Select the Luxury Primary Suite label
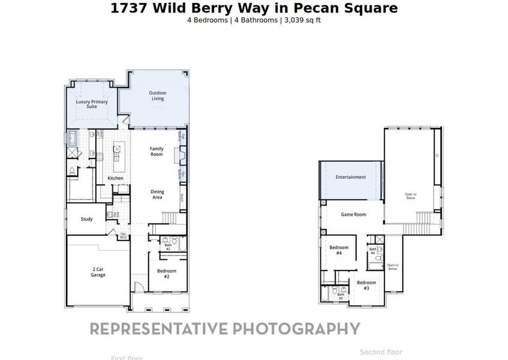pos(92,104)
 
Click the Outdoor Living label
pos(158,95)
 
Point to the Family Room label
pos(157,151)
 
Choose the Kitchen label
pos(115,178)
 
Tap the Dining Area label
pos(157,194)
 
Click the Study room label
pos(87,219)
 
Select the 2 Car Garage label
pos(98,272)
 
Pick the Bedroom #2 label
pos(167,273)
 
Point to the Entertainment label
pos(351,177)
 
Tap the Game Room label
pos(353,214)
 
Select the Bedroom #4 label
pos(339,250)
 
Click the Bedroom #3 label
pos(366,285)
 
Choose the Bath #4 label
pos(372,251)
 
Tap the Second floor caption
pos(381,352)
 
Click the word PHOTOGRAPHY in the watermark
pos(296,329)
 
